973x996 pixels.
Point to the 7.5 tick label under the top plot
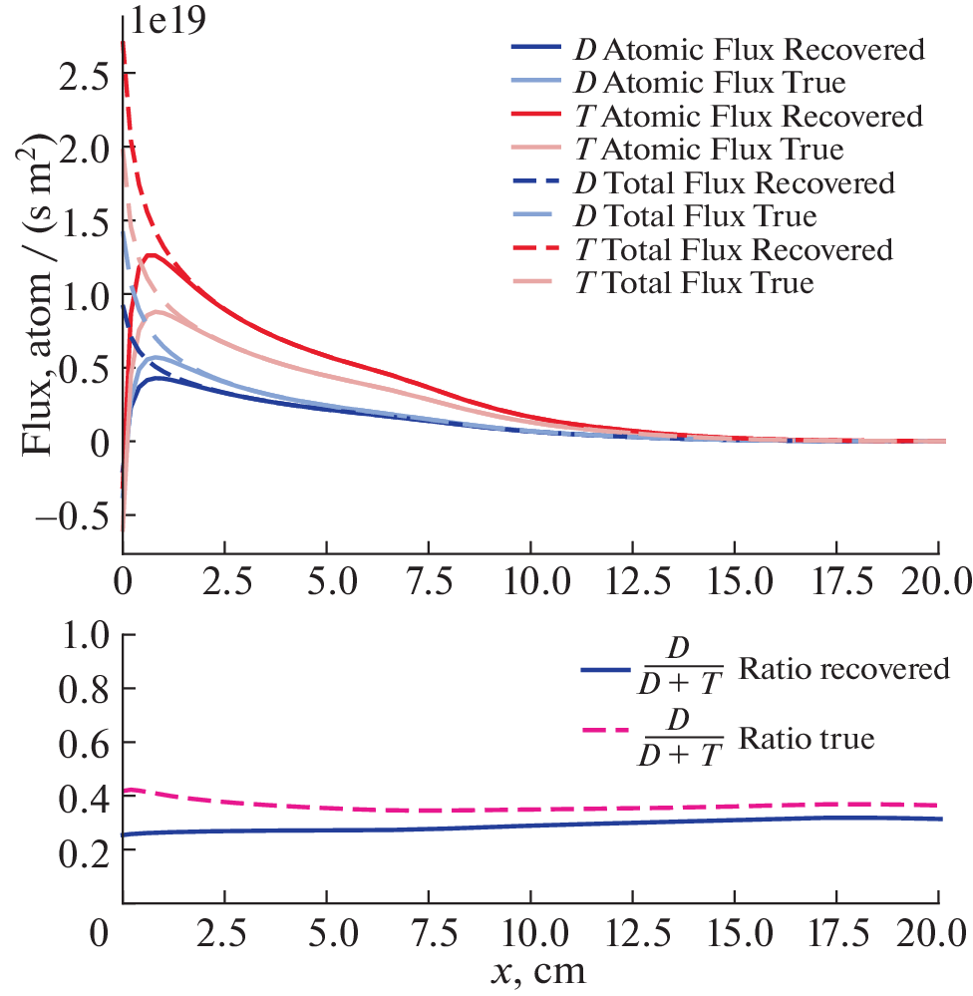tap(428, 579)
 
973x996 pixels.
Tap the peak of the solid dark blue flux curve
tap(157, 379)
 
